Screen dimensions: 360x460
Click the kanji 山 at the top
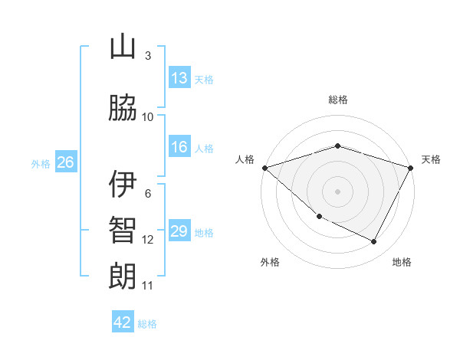pos(123,47)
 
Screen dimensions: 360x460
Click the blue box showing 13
pos(179,78)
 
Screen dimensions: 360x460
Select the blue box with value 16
pos(179,148)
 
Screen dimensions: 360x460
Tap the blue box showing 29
pos(179,231)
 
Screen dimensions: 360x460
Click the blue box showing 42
pos(123,322)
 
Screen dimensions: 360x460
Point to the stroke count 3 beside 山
pos(147,56)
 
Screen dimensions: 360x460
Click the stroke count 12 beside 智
pos(147,240)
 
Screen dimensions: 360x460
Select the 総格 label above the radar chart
pos(337,100)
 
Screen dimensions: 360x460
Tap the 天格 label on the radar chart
pos(431,159)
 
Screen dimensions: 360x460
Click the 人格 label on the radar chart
pos(245,159)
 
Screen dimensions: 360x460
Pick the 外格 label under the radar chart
pos(270,262)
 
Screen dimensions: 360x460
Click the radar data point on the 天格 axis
pos(411,168)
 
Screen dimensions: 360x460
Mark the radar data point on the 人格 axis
pos(264,168)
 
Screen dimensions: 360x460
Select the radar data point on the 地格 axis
pos(374,242)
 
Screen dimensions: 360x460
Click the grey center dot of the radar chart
pos(337,191)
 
